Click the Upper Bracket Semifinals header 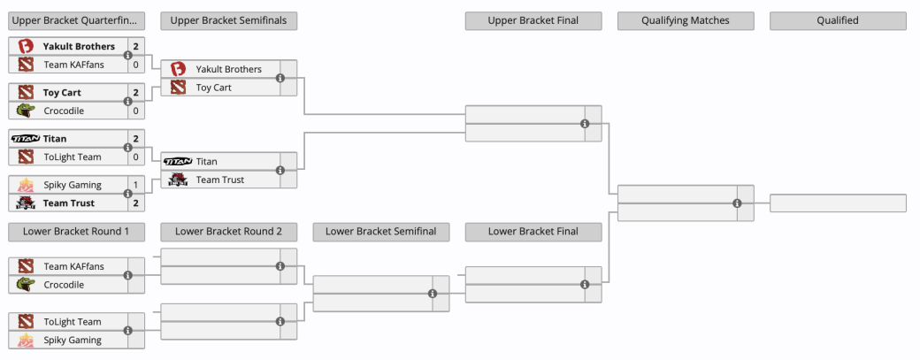pos(229,20)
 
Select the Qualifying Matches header pos(686,20)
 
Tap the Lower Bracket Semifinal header pos(380,232)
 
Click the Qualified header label pos(838,20)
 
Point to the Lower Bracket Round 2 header pos(229,232)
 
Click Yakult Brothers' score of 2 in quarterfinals pos(135,46)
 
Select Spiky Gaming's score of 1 pos(135,185)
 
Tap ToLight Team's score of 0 pos(135,157)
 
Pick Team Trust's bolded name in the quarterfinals pos(69,203)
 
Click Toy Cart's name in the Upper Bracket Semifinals pos(213,88)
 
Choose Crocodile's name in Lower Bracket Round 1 pos(64,284)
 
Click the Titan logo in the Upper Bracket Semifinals pos(178,161)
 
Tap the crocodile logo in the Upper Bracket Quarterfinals pos(26,111)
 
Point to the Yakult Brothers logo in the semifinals pos(178,69)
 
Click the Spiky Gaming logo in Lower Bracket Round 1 pos(26,340)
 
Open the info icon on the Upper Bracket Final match pos(585,124)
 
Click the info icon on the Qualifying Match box pos(738,203)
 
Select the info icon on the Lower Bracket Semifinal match pos(433,294)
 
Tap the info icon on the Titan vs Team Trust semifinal pos(280,170)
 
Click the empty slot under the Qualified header pos(838,203)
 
